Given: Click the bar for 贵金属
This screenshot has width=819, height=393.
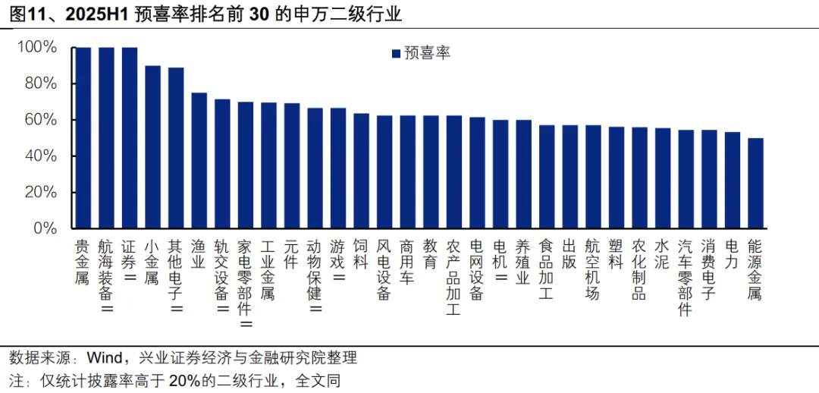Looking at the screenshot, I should (83, 137).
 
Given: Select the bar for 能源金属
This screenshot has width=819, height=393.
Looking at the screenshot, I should (755, 183).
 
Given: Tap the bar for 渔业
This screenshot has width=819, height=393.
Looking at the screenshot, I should (199, 160).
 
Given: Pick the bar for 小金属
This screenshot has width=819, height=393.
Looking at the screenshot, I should (152, 147).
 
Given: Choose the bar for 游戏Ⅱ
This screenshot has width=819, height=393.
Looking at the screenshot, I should (338, 168).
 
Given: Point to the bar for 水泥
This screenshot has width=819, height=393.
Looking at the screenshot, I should (663, 178).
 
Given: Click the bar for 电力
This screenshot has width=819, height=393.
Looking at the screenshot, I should (733, 180).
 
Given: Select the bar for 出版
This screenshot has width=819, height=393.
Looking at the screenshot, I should (570, 176).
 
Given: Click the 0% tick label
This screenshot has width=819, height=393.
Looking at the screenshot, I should (45, 228).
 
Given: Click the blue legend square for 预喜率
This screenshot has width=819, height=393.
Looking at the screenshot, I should (396, 53).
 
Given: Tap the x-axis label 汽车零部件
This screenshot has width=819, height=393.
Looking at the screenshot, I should (686, 278).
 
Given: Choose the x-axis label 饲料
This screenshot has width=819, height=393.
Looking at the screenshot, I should (361, 253).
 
